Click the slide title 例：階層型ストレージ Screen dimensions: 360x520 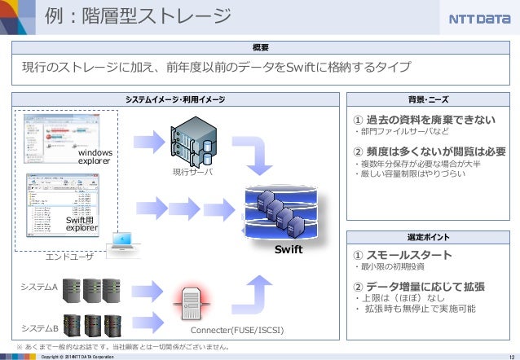tap(138, 17)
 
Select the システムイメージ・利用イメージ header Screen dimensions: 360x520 tap(175, 99)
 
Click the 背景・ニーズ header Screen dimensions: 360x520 tap(429, 99)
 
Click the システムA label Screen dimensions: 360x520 tap(39, 288)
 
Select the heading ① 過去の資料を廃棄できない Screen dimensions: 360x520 tap(424, 121)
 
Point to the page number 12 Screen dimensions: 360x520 tap(509, 355)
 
